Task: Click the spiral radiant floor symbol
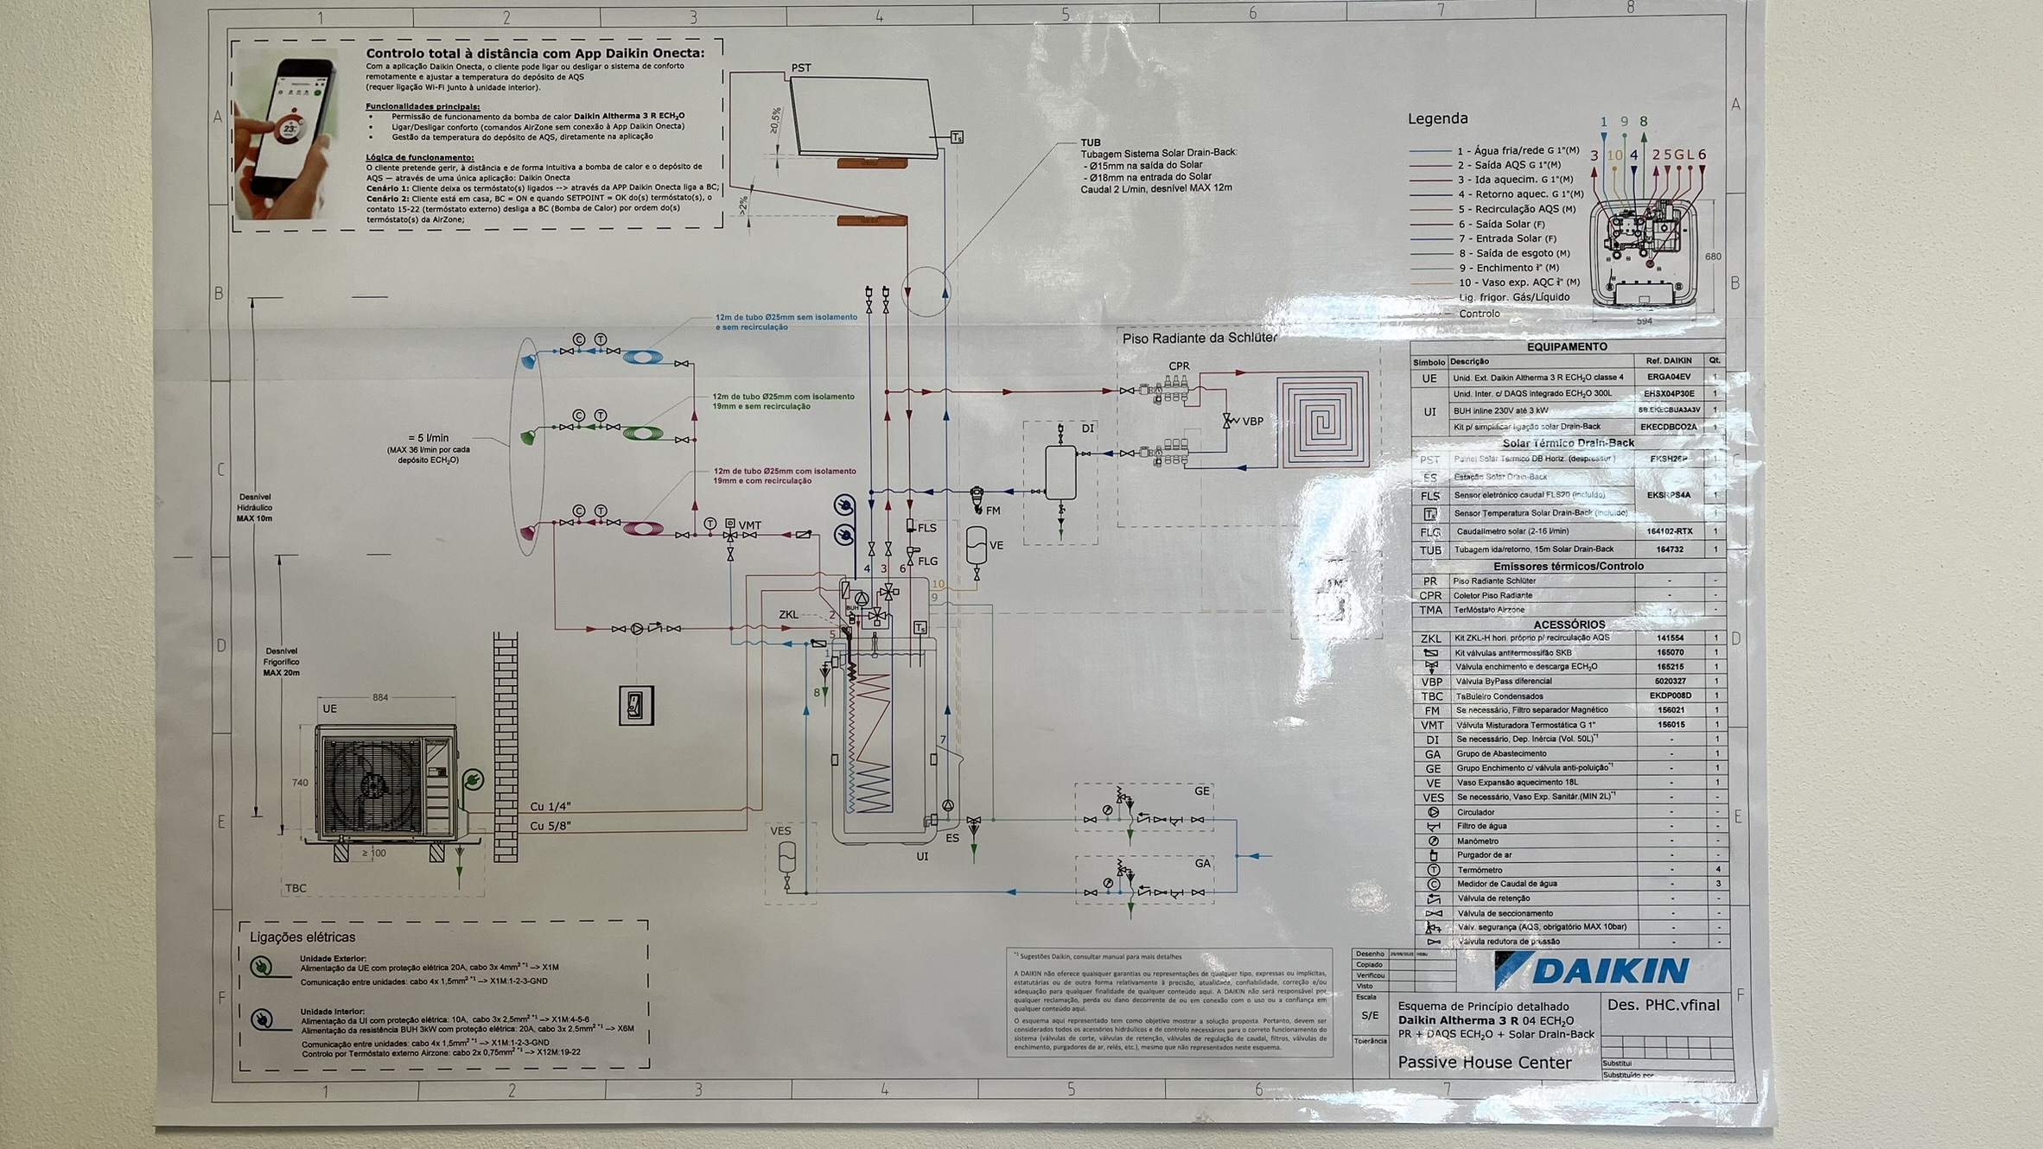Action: coord(1322,420)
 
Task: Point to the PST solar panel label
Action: coord(800,67)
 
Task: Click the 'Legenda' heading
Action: coord(1437,118)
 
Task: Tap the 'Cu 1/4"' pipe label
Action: coord(550,806)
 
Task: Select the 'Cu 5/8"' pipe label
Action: coord(550,826)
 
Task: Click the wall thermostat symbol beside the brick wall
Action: coord(636,706)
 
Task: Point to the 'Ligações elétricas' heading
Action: coord(302,936)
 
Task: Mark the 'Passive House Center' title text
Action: coord(1484,1063)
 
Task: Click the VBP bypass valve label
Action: coord(1252,422)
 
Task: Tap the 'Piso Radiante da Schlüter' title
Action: coord(1199,338)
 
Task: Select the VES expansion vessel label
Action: coord(780,831)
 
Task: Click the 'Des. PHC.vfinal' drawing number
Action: coord(1663,1005)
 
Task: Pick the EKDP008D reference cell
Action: coord(1670,695)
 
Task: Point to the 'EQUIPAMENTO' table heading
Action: coord(1566,346)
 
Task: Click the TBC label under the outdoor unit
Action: coord(296,888)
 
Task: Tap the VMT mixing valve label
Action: coord(749,524)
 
